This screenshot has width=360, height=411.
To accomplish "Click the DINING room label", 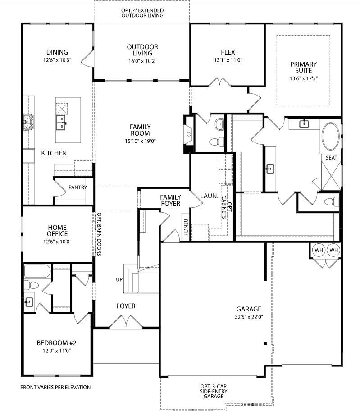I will pyautogui.click(x=56, y=52).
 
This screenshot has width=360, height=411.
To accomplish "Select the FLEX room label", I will pyautogui.click(x=228, y=52).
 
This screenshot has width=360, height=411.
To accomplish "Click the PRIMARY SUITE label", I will pyautogui.click(x=303, y=67).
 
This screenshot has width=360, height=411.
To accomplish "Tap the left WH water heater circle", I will pyautogui.click(x=319, y=250).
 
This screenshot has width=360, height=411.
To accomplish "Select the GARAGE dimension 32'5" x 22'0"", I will pyautogui.click(x=249, y=317).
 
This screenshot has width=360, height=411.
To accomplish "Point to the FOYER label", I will pyautogui.click(x=126, y=306).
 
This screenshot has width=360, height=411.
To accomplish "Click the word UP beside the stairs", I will pyautogui.click(x=119, y=279).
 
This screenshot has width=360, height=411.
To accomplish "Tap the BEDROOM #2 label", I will pyautogui.click(x=56, y=343).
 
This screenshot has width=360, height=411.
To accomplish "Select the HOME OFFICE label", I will pyautogui.click(x=57, y=230).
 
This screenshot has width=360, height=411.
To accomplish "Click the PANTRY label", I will pyautogui.click(x=77, y=187).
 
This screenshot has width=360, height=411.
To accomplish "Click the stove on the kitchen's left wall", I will pyautogui.click(x=28, y=122).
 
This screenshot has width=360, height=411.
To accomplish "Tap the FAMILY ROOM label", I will pyautogui.click(x=140, y=130).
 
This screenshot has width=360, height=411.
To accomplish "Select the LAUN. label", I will pyautogui.click(x=210, y=196).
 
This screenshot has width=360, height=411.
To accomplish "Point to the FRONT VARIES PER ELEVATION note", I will pyautogui.click(x=55, y=387).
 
